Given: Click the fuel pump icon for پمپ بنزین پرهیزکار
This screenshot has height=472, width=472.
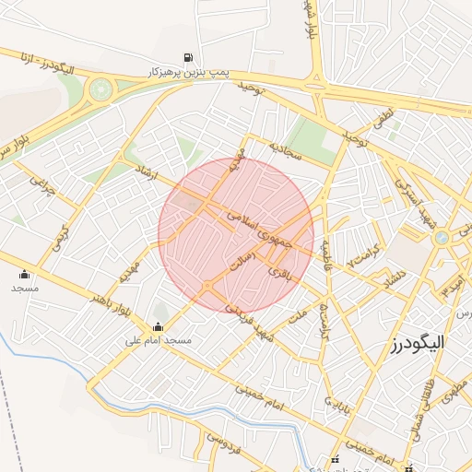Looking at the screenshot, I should coord(189,56).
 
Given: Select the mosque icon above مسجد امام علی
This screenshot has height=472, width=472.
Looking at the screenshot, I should coord(157,325).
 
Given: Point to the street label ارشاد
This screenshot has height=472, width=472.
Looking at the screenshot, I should coord(147,172).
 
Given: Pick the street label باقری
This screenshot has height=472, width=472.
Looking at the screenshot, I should coord(277,273).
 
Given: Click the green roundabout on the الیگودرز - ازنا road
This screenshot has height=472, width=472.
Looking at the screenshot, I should coord(100,90).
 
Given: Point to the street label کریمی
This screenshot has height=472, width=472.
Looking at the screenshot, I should coord(62,232).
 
